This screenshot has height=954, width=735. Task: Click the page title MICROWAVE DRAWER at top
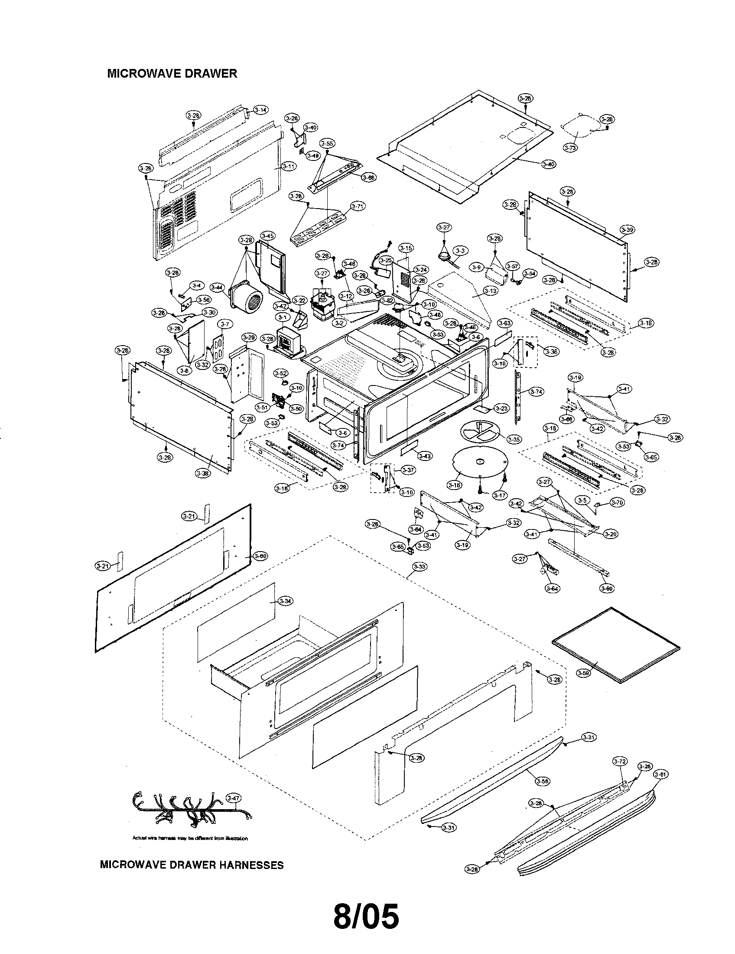(x=172, y=73)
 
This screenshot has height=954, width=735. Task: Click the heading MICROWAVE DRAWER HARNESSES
(x=192, y=865)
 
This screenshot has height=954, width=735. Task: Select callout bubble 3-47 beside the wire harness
(x=234, y=797)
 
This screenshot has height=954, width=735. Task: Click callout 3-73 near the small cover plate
(x=570, y=148)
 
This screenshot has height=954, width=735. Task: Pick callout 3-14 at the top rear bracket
(x=260, y=110)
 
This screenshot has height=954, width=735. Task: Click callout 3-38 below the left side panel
(x=203, y=473)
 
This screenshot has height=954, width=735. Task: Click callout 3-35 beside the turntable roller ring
(x=515, y=439)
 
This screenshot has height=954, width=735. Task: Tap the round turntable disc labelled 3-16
(x=479, y=464)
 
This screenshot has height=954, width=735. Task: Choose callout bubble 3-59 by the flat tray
(x=583, y=673)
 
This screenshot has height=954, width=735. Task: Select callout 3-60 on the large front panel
(x=260, y=556)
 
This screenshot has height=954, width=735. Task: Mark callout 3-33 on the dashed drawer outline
(x=419, y=567)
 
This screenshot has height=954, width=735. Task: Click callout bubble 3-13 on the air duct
(x=491, y=291)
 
